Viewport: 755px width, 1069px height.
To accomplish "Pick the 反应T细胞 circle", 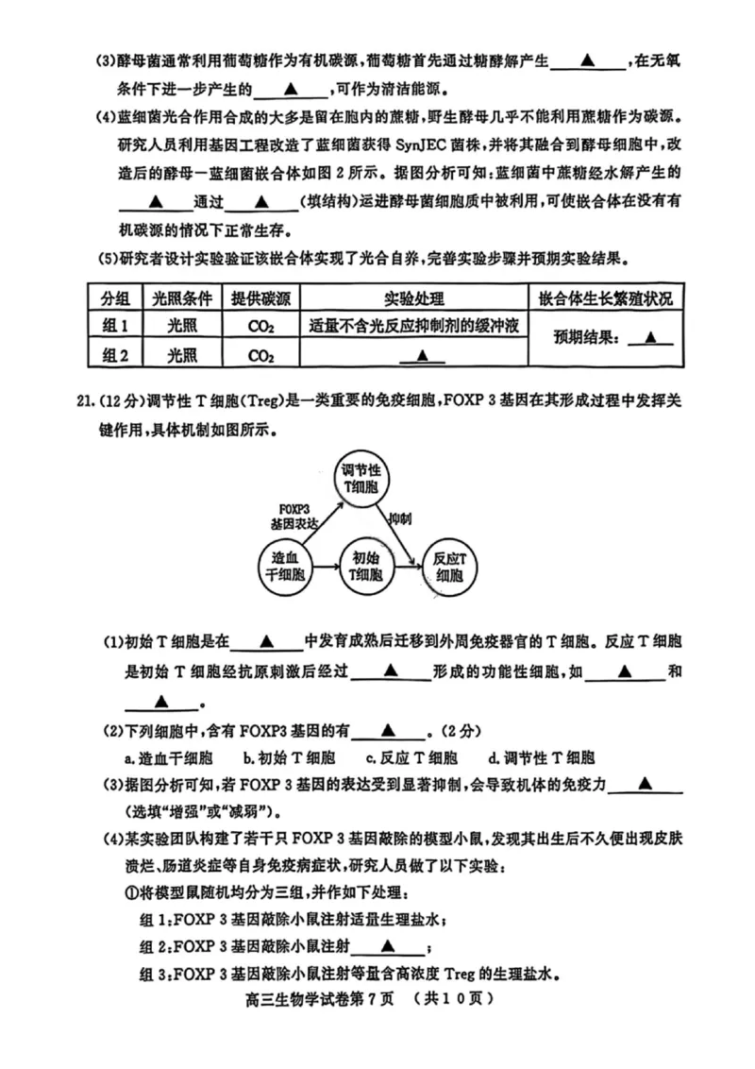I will pyautogui.click(x=450, y=566).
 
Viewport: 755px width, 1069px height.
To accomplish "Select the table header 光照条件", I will pyautogui.click(x=182, y=298).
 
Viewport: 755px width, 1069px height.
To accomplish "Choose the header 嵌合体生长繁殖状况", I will pyautogui.click(x=606, y=298).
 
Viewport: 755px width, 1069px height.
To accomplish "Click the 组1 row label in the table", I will pyautogui.click(x=114, y=326).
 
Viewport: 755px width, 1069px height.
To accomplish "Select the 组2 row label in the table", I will pyautogui.click(x=114, y=355).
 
